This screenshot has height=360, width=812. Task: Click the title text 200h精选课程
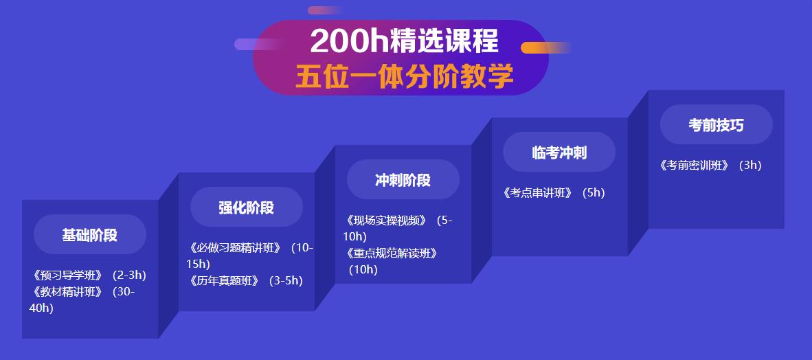[x=404, y=41]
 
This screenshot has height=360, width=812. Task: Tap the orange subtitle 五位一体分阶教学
[x=404, y=76]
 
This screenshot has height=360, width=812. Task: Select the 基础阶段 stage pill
[x=90, y=235]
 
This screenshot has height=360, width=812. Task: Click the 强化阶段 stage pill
[x=247, y=207]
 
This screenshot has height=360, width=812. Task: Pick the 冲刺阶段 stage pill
[x=403, y=180]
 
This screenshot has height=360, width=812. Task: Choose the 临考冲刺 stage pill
[x=559, y=153]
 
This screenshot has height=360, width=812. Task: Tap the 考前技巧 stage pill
[x=716, y=125]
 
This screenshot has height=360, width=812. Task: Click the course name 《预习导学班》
[x=67, y=275]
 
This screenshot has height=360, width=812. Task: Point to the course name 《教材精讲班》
[x=67, y=291]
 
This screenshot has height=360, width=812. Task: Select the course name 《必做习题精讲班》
[x=235, y=248]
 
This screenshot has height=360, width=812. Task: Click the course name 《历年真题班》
[x=224, y=280]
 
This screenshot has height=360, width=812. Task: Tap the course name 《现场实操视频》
[x=386, y=221]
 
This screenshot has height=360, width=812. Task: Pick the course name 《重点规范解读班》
[x=392, y=253]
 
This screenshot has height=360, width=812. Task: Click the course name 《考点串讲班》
[x=537, y=193]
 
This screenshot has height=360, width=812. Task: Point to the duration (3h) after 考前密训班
[x=750, y=166]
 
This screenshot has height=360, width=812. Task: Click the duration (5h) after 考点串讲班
[x=594, y=193]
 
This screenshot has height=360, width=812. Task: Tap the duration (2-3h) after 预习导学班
[x=129, y=275]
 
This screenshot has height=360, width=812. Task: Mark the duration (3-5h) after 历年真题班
[x=286, y=280]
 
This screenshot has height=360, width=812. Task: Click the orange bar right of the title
[x=546, y=47]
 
